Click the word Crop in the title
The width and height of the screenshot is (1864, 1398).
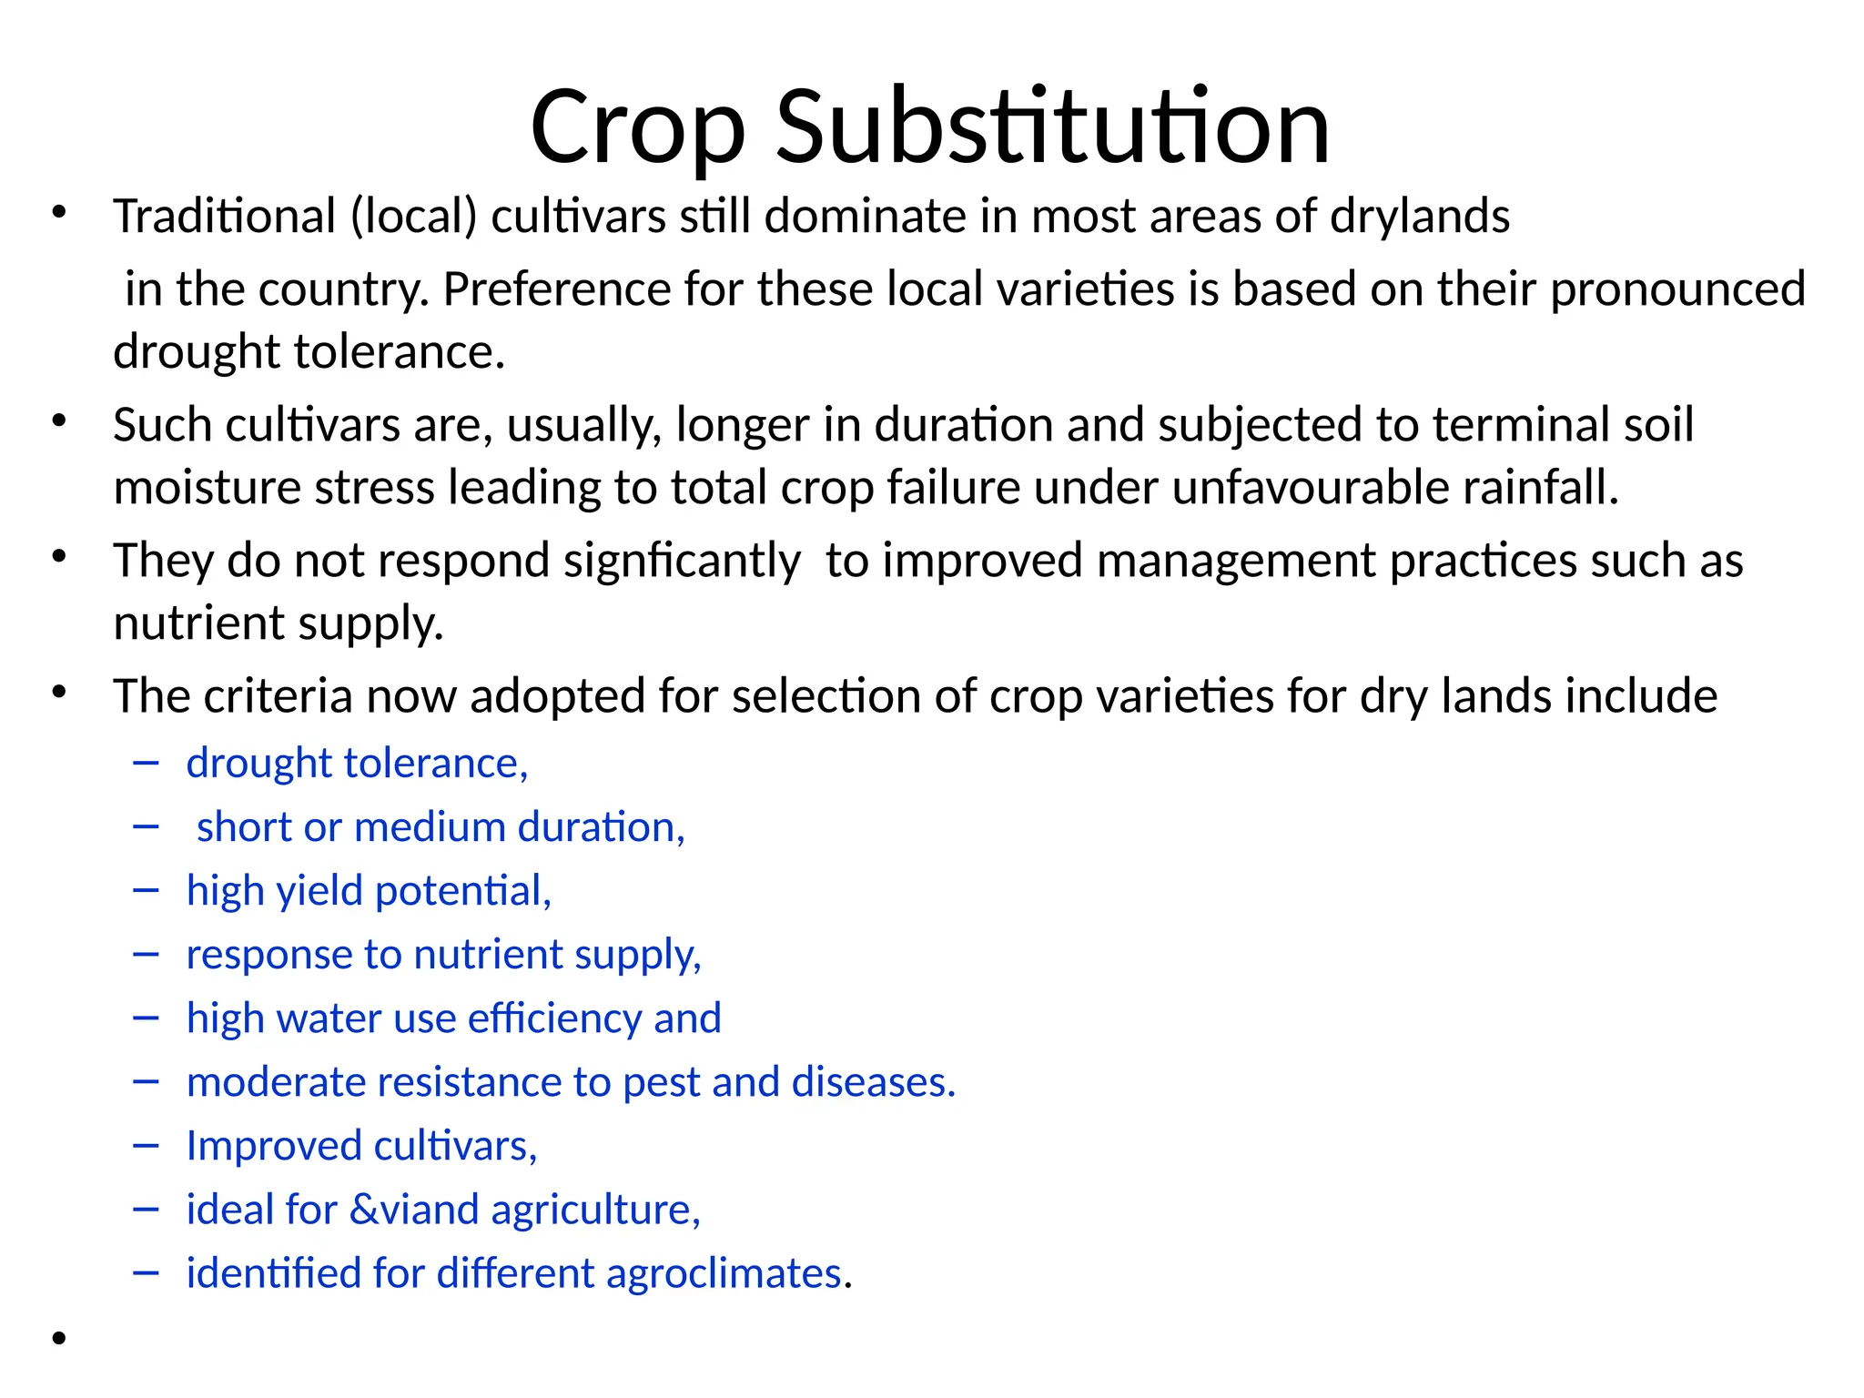(637, 127)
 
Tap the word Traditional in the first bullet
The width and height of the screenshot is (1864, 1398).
(225, 218)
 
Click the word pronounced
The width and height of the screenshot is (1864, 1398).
(1677, 289)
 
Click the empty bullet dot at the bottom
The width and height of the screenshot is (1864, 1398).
(60, 1338)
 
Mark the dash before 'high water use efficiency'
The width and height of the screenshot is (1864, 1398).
(146, 1018)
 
